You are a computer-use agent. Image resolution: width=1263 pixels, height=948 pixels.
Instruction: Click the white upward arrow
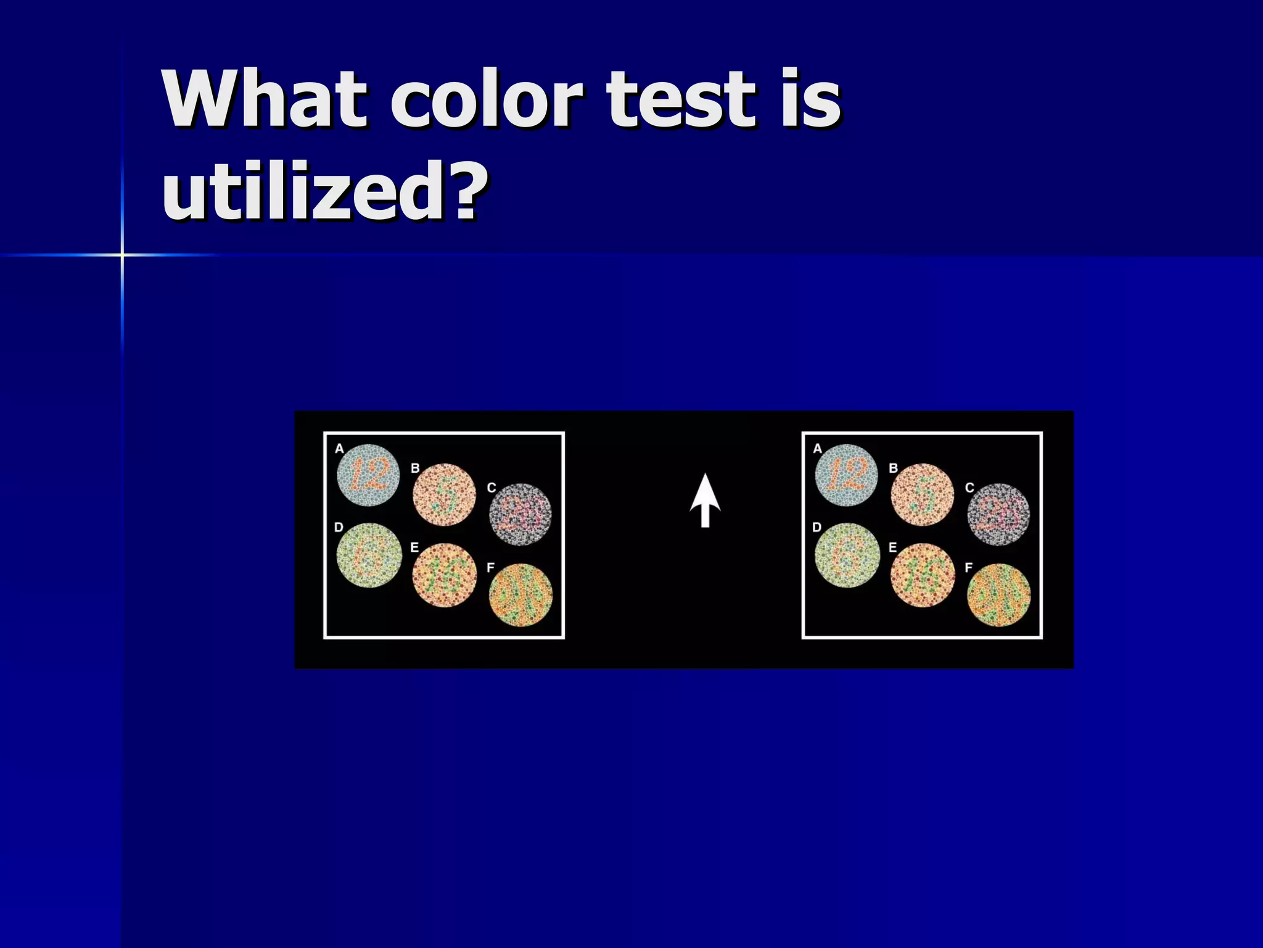pyautogui.click(x=705, y=500)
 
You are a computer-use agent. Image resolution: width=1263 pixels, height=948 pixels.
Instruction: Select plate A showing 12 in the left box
pyautogui.click(x=368, y=475)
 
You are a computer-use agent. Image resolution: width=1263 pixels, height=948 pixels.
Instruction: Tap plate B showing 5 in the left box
pyautogui.click(x=444, y=495)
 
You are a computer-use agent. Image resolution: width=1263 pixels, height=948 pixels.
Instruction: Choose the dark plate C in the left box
pyautogui.click(x=520, y=514)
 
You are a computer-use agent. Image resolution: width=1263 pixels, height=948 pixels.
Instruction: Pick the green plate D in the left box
pyautogui.click(x=369, y=555)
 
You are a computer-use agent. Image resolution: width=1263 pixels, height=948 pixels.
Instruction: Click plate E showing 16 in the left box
pyautogui.click(x=445, y=575)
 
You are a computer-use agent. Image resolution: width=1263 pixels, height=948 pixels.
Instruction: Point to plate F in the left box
pyautogui.click(x=521, y=595)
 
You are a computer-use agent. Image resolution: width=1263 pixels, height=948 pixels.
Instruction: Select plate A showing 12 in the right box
pyautogui.click(x=846, y=475)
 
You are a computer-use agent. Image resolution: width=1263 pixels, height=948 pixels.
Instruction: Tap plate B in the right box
pyautogui.click(x=922, y=495)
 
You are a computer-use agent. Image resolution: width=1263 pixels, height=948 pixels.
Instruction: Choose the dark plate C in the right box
pyautogui.click(x=998, y=514)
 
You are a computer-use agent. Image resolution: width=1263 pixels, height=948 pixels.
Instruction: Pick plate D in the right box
pyautogui.click(x=847, y=555)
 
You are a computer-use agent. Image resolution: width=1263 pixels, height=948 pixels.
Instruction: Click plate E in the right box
pyautogui.click(x=923, y=575)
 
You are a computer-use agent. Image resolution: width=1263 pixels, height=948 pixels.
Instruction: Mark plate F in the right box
pyautogui.click(x=999, y=595)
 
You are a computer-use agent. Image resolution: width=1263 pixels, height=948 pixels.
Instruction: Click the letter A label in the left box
pyautogui.click(x=339, y=449)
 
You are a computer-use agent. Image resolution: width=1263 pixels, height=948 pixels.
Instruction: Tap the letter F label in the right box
pyautogui.click(x=969, y=567)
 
